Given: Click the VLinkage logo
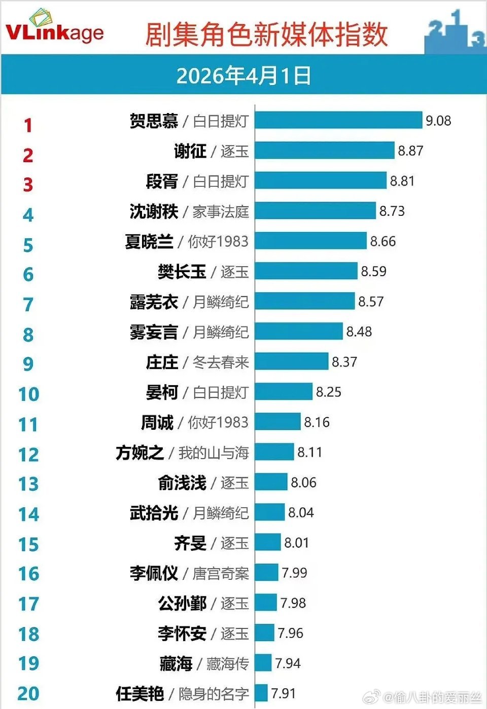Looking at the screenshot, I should (54, 28).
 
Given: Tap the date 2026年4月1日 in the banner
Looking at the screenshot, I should (243, 76).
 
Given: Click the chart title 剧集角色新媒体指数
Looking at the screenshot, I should (266, 34).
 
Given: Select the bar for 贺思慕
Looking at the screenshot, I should (338, 121).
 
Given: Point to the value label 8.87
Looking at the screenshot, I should (410, 151).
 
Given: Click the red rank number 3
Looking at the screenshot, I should (28, 185).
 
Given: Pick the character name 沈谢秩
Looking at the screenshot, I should (154, 211).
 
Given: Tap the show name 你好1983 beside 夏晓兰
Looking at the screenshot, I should (218, 241).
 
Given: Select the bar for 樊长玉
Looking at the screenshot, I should (306, 271).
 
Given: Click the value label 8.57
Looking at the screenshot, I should (371, 302).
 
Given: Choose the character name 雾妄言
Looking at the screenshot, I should (154, 332).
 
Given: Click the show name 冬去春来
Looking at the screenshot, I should (221, 362).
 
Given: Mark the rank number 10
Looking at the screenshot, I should (28, 394).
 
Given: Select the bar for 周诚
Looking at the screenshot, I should (277, 422).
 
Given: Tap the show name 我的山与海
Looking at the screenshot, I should (214, 452).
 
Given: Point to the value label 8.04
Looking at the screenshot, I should (301, 512).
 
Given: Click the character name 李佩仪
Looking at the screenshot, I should (154, 573).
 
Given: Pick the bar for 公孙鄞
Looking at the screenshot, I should (266, 603).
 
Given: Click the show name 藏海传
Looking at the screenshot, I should (228, 663).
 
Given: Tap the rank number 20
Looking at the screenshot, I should (28, 693).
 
